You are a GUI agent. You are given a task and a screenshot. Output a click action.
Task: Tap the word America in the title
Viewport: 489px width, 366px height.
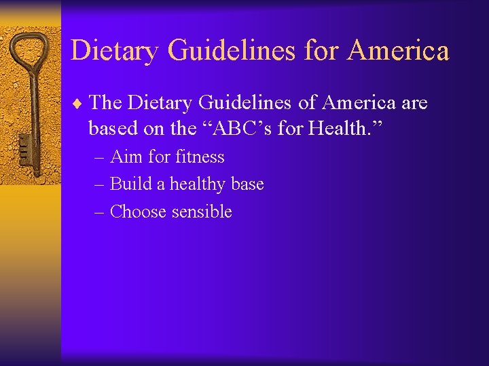pos(398,51)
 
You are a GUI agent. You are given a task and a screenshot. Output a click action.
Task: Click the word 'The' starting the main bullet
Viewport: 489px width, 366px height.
pos(105,102)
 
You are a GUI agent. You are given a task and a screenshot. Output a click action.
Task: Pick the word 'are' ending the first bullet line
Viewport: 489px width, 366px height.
pos(414,102)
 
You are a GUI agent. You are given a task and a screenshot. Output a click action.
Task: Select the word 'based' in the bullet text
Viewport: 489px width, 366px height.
pos(110,129)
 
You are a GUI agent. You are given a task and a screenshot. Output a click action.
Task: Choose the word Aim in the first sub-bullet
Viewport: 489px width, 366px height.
pos(126,157)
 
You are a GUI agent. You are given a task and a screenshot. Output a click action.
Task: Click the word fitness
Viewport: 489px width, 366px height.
pos(200,157)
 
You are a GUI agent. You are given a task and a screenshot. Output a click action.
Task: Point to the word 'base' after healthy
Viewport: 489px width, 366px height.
pos(247,184)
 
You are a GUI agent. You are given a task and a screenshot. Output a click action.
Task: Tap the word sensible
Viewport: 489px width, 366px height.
pos(202,211)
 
